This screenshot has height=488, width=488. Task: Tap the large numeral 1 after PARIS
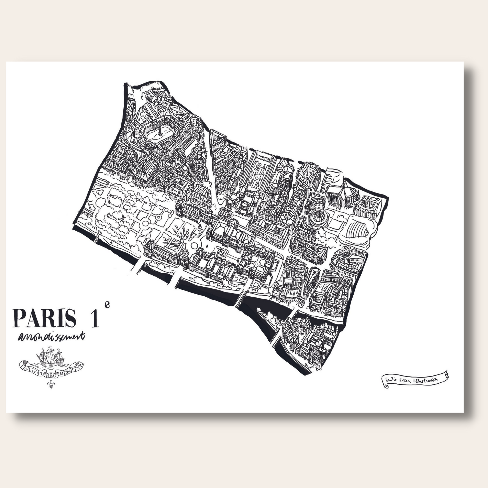94,318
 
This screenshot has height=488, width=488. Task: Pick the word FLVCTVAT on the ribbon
31,366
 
